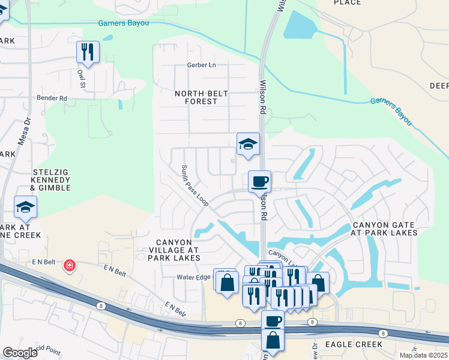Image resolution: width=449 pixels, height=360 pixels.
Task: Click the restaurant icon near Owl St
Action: click(88, 52)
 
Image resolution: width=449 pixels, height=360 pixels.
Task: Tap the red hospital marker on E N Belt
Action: click(70, 265)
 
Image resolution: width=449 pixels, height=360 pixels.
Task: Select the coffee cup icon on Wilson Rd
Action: click(259, 181)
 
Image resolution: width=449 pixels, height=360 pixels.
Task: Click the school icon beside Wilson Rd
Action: click(248, 144)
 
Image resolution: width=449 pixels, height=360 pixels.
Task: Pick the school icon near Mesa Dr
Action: click(25, 208)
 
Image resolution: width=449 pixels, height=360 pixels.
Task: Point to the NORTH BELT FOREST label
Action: click(196, 97)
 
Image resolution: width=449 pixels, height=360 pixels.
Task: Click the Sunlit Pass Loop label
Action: click(195, 187)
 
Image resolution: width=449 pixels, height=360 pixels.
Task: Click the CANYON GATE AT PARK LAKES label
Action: click(384, 228)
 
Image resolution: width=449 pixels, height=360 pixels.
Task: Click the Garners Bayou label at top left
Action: click(123, 23)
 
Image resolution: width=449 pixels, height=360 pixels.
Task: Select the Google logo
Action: click(20, 353)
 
